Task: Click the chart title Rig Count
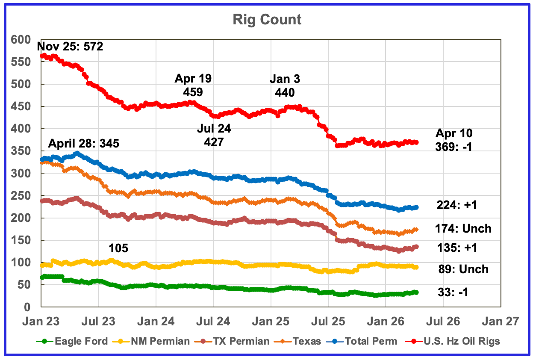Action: click(x=267, y=20)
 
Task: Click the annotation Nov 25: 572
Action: click(x=70, y=46)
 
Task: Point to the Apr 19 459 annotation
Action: click(x=193, y=85)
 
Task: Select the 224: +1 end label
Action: click(x=456, y=206)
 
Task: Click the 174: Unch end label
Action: click(x=463, y=229)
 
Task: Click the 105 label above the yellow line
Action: click(x=118, y=248)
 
